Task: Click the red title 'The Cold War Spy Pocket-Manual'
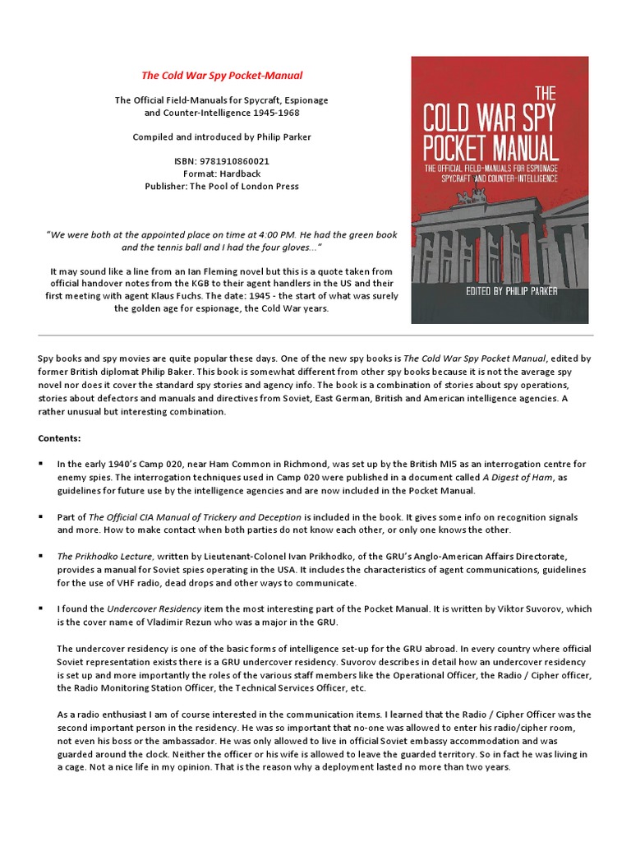[x=222, y=76]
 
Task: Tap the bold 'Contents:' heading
[x=59, y=438]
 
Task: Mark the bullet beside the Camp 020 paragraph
[x=40, y=465]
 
